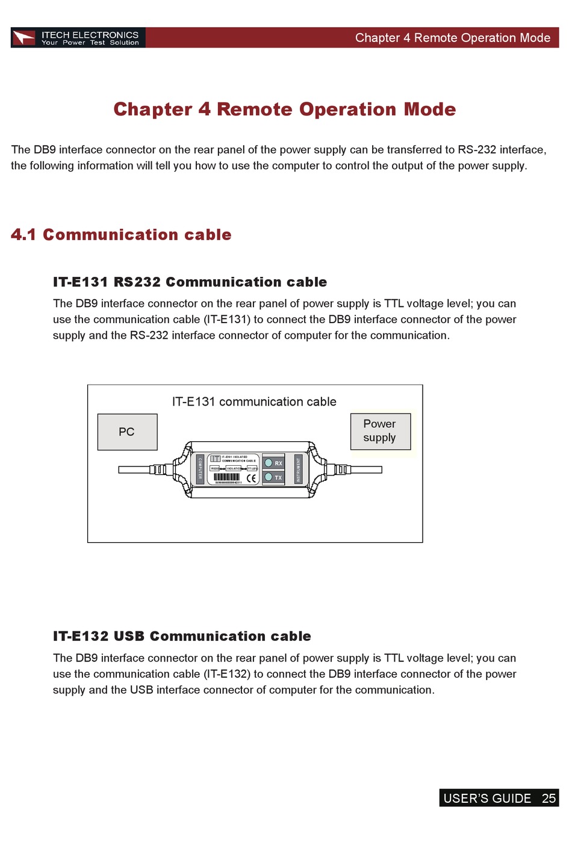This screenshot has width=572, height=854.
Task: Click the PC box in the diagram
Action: pyautogui.click(x=127, y=432)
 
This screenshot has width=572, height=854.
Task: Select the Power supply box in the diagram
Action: pyautogui.click(x=380, y=431)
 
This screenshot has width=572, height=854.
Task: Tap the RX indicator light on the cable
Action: pyautogui.click(x=269, y=463)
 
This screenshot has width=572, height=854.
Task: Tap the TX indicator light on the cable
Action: pyautogui.click(x=269, y=477)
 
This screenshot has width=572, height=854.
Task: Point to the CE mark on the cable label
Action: pyautogui.click(x=251, y=478)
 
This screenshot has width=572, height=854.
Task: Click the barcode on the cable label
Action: pyautogui.click(x=226, y=477)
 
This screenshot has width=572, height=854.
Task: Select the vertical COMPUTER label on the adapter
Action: pyautogui.click(x=200, y=469)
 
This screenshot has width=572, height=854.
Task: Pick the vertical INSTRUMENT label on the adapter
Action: pyautogui.click(x=297, y=469)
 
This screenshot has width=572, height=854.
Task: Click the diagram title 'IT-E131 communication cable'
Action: pyautogui.click(x=254, y=401)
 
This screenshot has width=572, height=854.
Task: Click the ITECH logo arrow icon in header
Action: pyautogui.click(x=25, y=38)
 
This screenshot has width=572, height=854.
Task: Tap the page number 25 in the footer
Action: pyautogui.click(x=549, y=798)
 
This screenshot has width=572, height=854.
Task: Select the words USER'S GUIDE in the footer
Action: pyautogui.click(x=487, y=798)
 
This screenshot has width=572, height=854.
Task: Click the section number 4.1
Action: pyautogui.click(x=23, y=235)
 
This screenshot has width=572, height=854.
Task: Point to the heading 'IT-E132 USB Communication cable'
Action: pyautogui.click(x=182, y=636)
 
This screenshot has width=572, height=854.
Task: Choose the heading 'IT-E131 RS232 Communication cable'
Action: pyautogui.click(x=190, y=282)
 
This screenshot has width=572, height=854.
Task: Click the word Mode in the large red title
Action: pyautogui.click(x=430, y=110)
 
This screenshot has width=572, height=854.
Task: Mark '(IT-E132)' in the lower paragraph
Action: pyautogui.click(x=226, y=674)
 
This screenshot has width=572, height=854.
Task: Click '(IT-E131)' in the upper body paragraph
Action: pyautogui.click(x=226, y=320)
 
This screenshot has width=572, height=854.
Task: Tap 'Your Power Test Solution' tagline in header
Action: pyautogui.click(x=90, y=43)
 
